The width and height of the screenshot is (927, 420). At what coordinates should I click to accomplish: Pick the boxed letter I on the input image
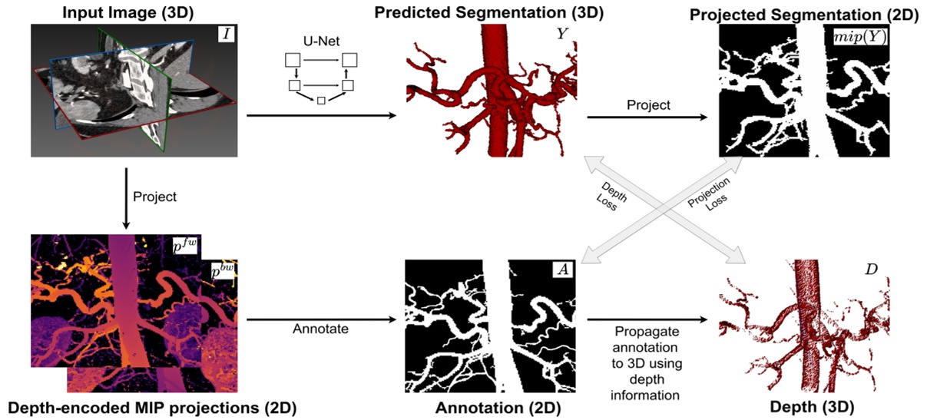tap(229, 33)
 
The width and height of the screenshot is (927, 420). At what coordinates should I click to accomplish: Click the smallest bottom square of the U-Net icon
tap(322, 101)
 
